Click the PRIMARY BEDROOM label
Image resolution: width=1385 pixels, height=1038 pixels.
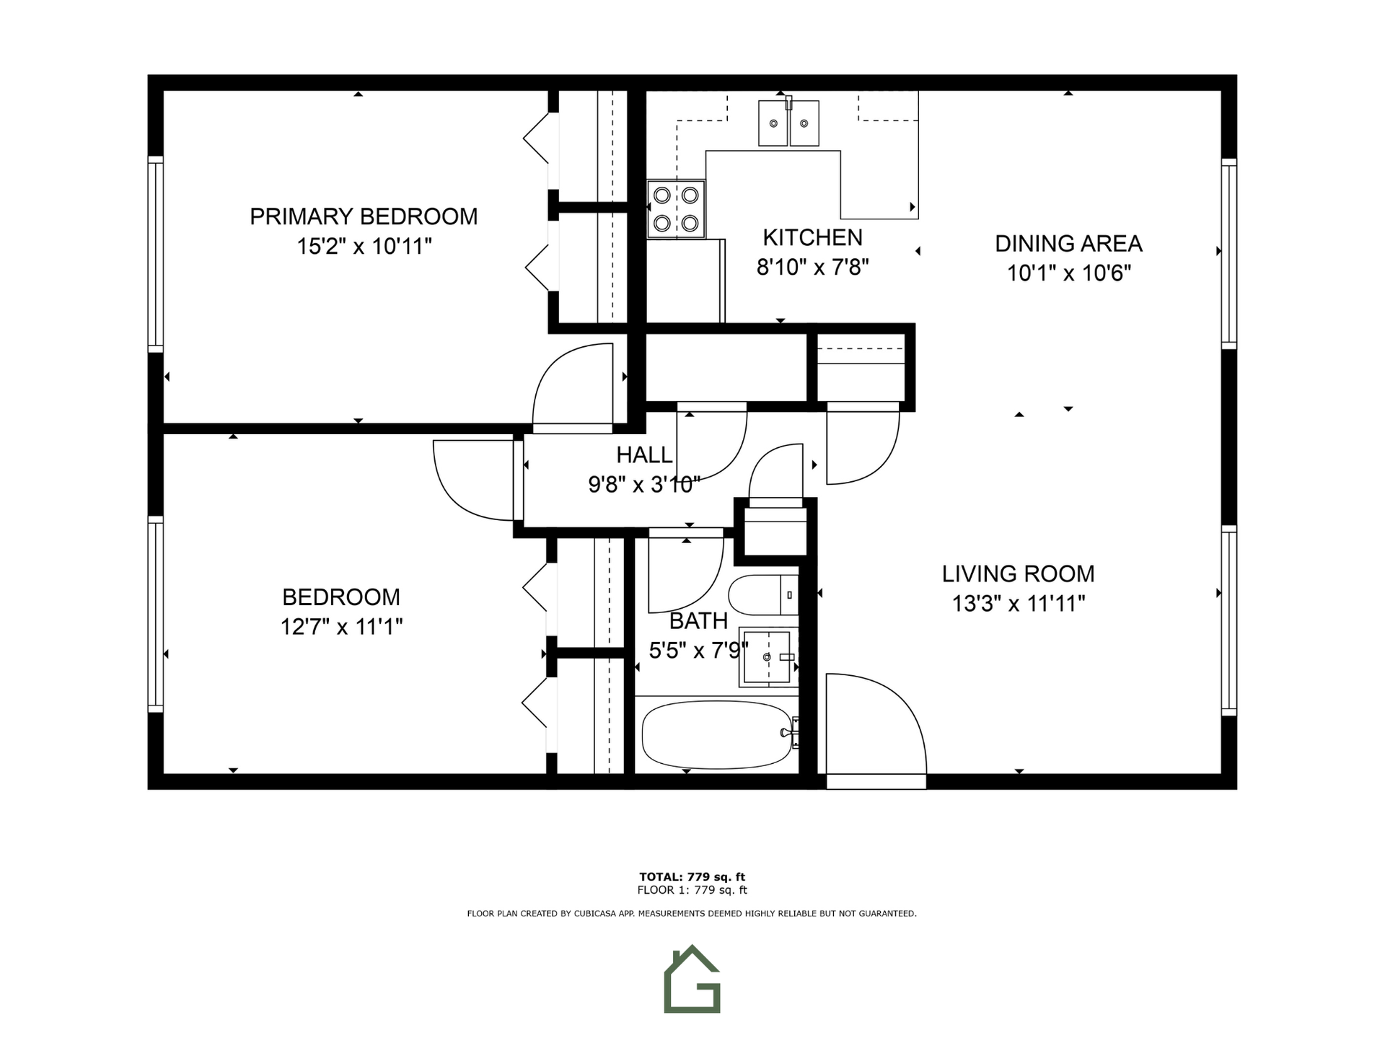coord(364,216)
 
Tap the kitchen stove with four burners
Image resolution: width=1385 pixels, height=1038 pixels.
coord(676,209)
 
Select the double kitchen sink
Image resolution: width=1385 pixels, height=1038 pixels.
coord(788,123)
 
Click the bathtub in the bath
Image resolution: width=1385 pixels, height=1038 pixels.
coord(717,735)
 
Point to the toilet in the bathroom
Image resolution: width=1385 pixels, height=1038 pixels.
coord(763,595)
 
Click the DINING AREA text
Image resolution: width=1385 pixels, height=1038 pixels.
coord(1068,244)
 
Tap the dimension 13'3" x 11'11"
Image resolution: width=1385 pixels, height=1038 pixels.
coord(1019,604)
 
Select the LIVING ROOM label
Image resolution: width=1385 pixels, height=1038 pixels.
coord(1018,574)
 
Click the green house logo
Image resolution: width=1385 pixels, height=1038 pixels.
coord(692,979)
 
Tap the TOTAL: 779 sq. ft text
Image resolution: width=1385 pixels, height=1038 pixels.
coord(692,877)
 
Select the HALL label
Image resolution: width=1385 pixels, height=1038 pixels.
coord(644,455)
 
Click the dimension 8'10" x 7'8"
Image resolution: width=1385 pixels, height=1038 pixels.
coord(812,268)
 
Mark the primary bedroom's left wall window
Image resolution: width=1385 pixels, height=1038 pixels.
coord(155,254)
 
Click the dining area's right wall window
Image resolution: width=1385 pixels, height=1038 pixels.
coord(1228,254)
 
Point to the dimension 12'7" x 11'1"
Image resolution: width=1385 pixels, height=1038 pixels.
coord(341,627)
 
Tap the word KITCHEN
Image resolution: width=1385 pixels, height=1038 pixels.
coord(812,237)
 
